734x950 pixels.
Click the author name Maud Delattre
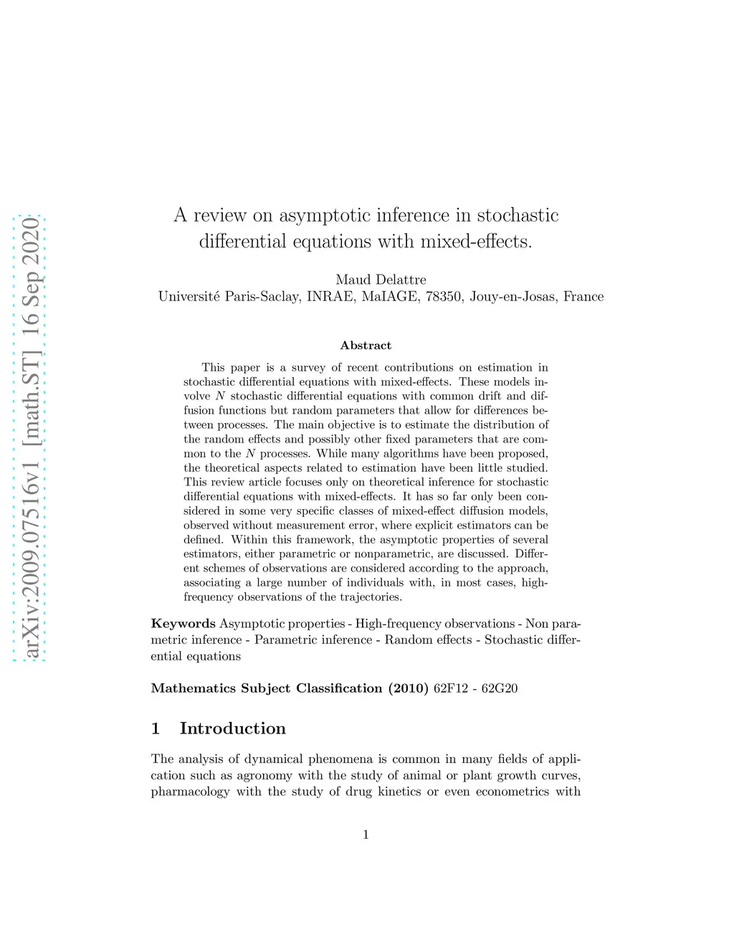pyautogui.click(x=381, y=280)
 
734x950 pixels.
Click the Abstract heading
pyautogui.click(x=366, y=346)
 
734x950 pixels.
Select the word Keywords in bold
pyautogui.click(x=183, y=624)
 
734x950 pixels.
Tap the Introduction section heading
pyautogui.click(x=232, y=728)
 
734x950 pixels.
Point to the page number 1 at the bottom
pyautogui.click(x=366, y=834)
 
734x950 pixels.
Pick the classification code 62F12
pyautogui.click(x=450, y=688)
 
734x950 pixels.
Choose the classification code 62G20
pyautogui.click(x=500, y=688)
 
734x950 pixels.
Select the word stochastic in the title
pyautogui.click(x=518, y=215)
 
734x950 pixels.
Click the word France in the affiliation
pyautogui.click(x=583, y=297)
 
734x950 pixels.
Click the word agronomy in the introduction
pyautogui.click(x=265, y=776)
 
